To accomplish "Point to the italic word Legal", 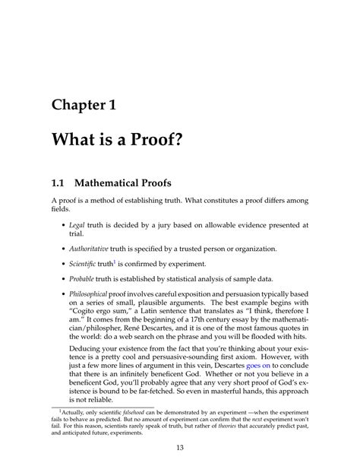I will coord(77,226).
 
